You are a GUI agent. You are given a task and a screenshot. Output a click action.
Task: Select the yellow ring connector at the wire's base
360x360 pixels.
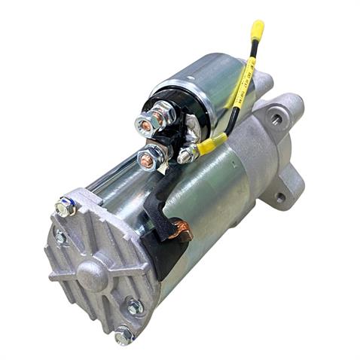(x=209, y=144)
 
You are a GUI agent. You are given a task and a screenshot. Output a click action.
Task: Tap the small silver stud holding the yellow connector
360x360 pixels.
(x=185, y=155)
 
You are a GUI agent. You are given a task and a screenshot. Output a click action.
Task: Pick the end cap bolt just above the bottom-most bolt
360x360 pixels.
(x=136, y=307)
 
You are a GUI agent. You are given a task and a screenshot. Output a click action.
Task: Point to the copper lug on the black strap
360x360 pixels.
(x=180, y=229)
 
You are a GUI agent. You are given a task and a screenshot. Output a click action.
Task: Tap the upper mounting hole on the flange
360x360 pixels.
(x=277, y=120)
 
